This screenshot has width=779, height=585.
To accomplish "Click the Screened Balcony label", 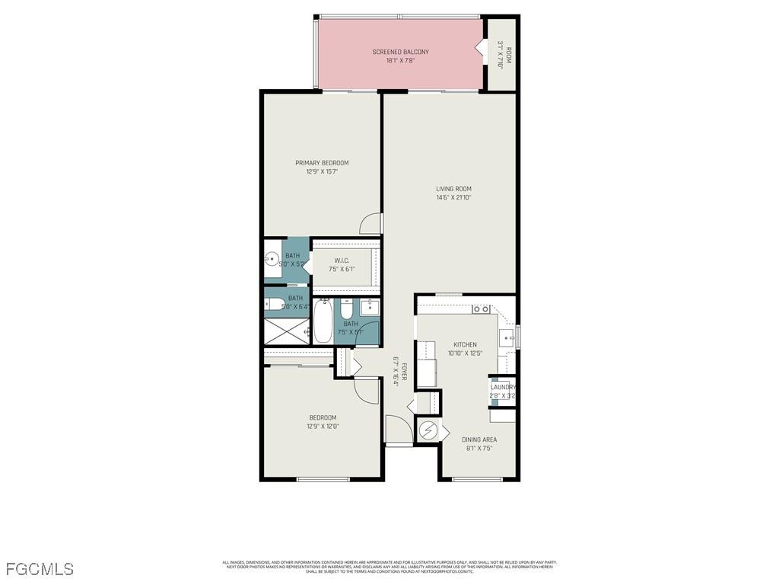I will (x=400, y=52).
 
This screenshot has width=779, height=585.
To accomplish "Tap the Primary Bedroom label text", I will (x=322, y=163).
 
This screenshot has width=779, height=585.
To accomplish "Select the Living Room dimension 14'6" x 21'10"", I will (x=453, y=198).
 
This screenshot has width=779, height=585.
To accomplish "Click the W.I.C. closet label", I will (x=342, y=261).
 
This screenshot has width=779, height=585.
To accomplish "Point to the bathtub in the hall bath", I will (x=323, y=321).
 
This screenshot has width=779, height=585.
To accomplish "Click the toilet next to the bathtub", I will (x=346, y=309).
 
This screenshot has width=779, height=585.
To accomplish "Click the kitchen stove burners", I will (x=481, y=308).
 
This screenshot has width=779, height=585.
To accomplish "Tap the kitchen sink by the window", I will (x=507, y=336).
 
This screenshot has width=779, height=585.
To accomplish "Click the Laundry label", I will (x=503, y=387).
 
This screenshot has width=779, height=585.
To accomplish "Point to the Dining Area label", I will (x=479, y=440).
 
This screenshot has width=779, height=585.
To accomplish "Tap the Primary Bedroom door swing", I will (x=370, y=222).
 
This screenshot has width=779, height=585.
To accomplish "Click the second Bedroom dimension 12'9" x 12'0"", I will (x=322, y=427).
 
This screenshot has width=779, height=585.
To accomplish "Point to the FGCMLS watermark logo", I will (x=39, y=569).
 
